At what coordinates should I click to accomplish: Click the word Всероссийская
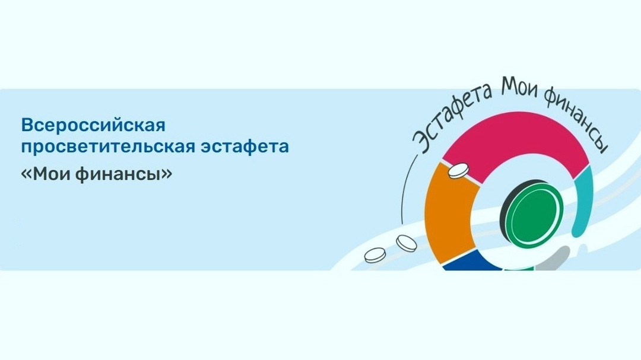coord(93,125)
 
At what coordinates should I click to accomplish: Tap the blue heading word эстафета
coord(245,146)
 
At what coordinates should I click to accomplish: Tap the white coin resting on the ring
coord(458,170)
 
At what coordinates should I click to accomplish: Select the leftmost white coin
coord(375,255)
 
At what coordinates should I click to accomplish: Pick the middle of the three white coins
coord(407,243)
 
